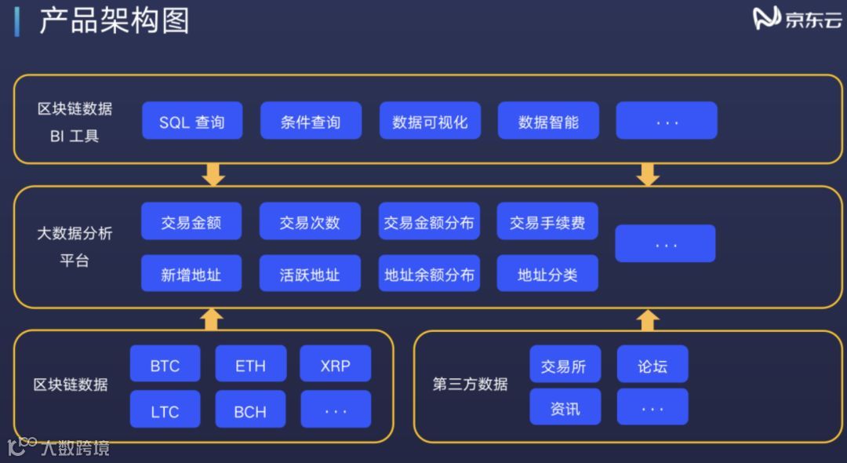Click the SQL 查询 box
tap(192, 121)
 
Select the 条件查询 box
tap(311, 121)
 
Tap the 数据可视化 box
tap(430, 121)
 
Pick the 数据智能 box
tap(548, 121)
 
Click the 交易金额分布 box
tap(429, 222)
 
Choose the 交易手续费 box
tap(547, 222)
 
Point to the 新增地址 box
tap(191, 274)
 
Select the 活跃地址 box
tap(310, 274)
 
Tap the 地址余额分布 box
tap(429, 274)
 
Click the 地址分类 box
tap(547, 274)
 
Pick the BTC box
tap(165, 365)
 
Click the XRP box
tap(336, 365)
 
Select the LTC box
tap(165, 410)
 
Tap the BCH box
tap(250, 410)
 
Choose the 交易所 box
tap(565, 365)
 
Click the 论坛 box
tap(653, 365)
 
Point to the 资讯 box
tap(565, 408)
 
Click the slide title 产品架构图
tap(115, 20)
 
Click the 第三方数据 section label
tap(471, 384)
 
